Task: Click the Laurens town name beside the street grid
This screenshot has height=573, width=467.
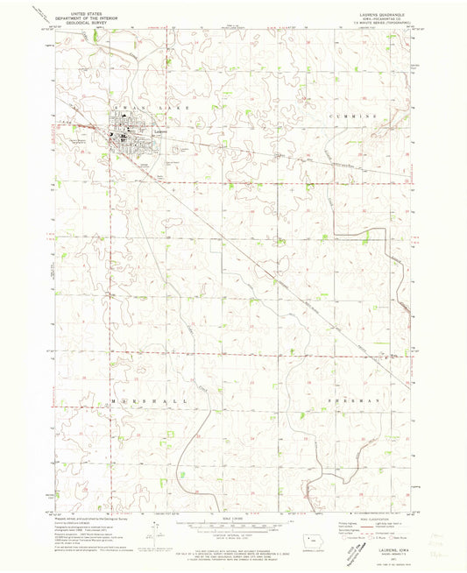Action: tap(159, 132)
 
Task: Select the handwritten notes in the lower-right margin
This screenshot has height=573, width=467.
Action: tap(437, 529)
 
